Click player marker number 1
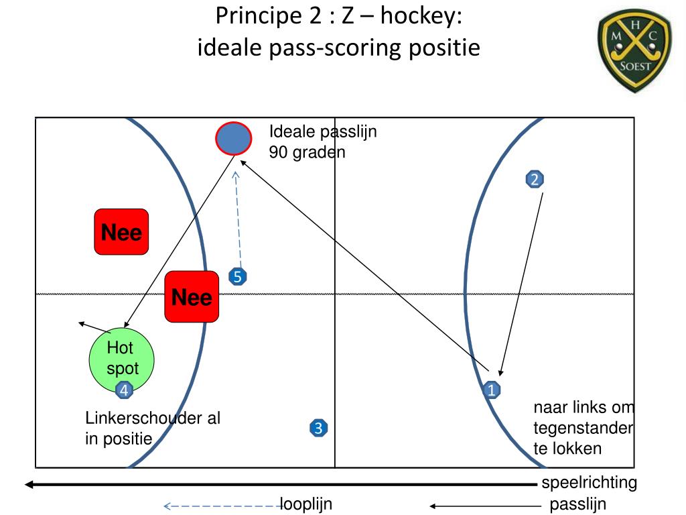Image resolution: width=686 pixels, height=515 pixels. coord(492,390)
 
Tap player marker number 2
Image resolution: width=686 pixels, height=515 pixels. coord(534,180)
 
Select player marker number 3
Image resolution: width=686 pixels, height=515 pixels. coord(318,428)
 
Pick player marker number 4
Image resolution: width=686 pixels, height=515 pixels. coord(124,390)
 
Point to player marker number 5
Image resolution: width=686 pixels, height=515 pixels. coord(237,276)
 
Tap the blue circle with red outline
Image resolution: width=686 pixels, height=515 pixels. coord(233,139)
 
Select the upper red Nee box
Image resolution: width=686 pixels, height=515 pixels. coord(121,232)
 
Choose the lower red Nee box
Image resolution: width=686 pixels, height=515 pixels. coord(192,297)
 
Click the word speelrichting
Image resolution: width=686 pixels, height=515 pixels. coord(589,483)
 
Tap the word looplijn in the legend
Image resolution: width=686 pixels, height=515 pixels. coord(306,504)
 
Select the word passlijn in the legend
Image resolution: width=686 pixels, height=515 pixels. coord(577,504)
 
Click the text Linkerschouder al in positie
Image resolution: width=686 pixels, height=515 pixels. coord(153,428)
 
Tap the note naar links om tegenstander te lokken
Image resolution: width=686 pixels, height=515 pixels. coord(583,428)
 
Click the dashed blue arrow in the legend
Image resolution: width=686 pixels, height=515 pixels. coord(222,506)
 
